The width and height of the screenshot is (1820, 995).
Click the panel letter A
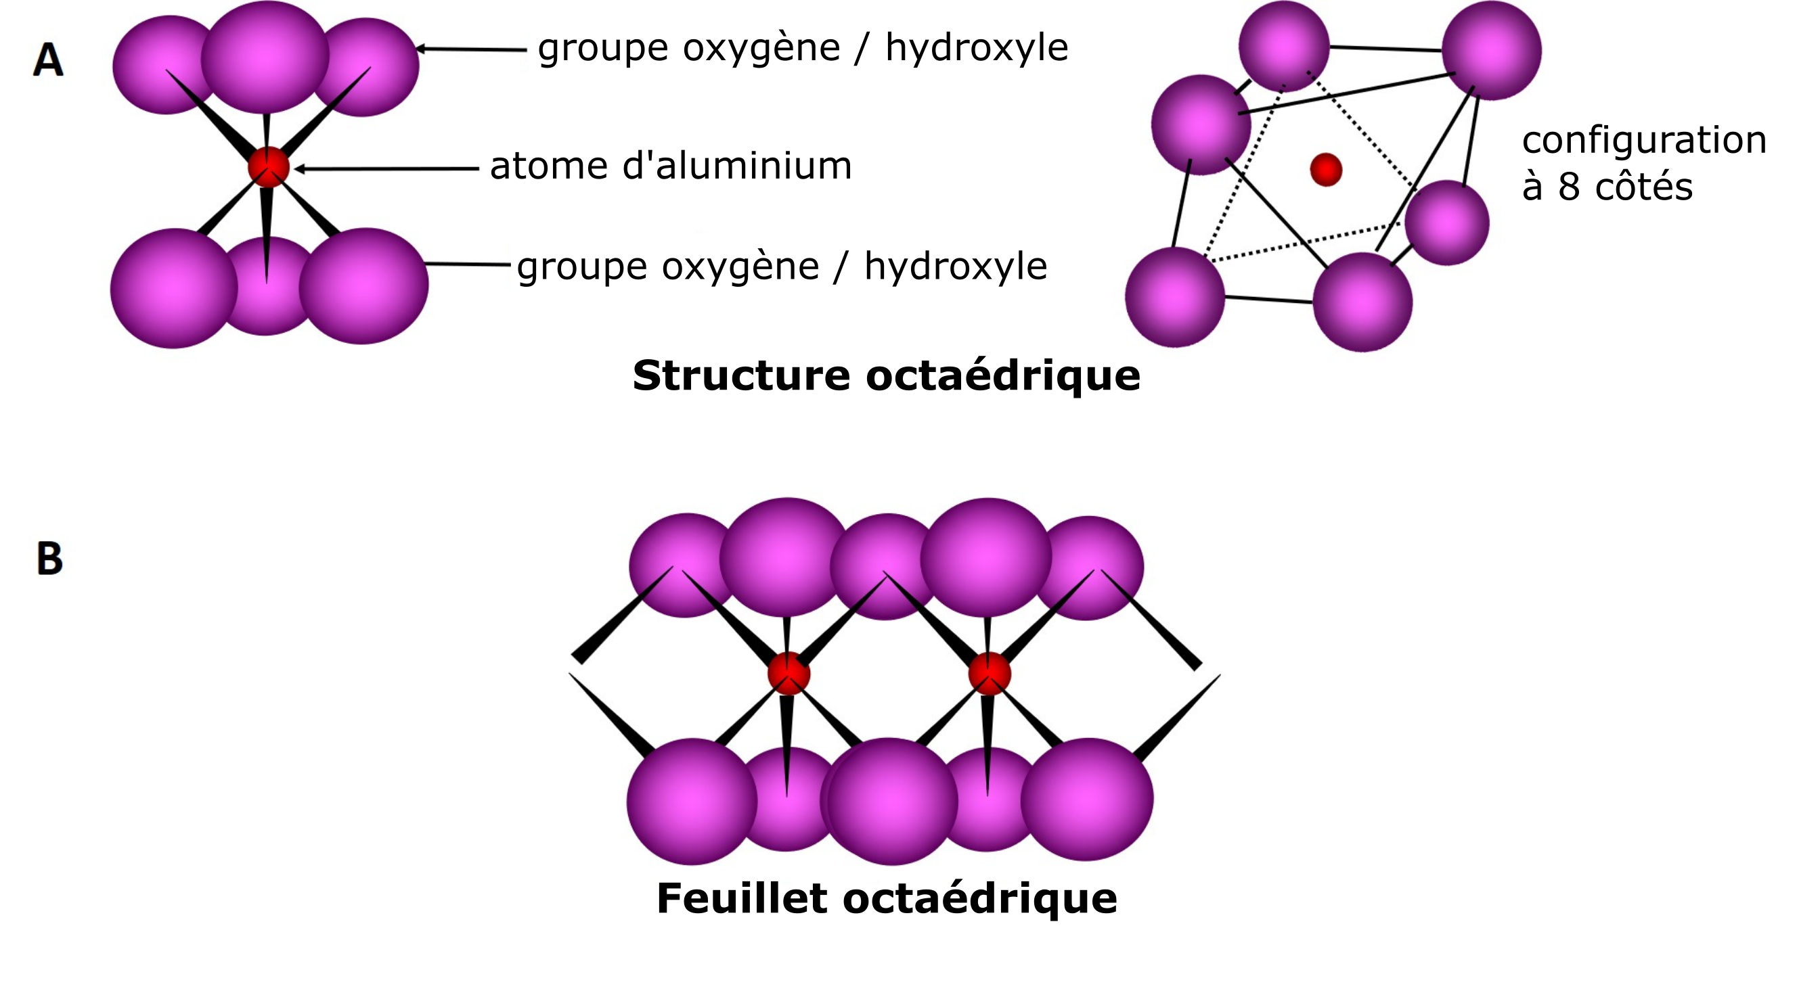(x=48, y=60)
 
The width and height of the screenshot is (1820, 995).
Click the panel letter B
(x=49, y=559)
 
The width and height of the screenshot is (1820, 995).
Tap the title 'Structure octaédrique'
(x=886, y=375)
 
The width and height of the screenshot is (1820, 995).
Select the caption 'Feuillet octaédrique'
(x=887, y=898)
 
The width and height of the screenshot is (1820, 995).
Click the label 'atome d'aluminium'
(x=671, y=166)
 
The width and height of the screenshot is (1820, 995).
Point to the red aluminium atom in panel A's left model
(x=269, y=167)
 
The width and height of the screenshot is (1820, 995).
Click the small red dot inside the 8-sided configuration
(x=1326, y=170)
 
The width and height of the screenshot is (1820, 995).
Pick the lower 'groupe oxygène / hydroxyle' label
(x=782, y=268)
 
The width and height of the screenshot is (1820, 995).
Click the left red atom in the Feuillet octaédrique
(x=789, y=674)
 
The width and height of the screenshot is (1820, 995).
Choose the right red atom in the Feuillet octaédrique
(x=989, y=674)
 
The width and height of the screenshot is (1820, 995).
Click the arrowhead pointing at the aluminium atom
(x=301, y=169)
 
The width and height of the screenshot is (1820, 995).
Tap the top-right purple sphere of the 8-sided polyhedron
(x=1492, y=50)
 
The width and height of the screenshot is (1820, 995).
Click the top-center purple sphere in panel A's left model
(x=265, y=57)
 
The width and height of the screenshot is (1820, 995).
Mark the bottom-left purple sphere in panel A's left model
(x=174, y=288)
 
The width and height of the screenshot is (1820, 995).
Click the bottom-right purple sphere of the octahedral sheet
(x=1086, y=800)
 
